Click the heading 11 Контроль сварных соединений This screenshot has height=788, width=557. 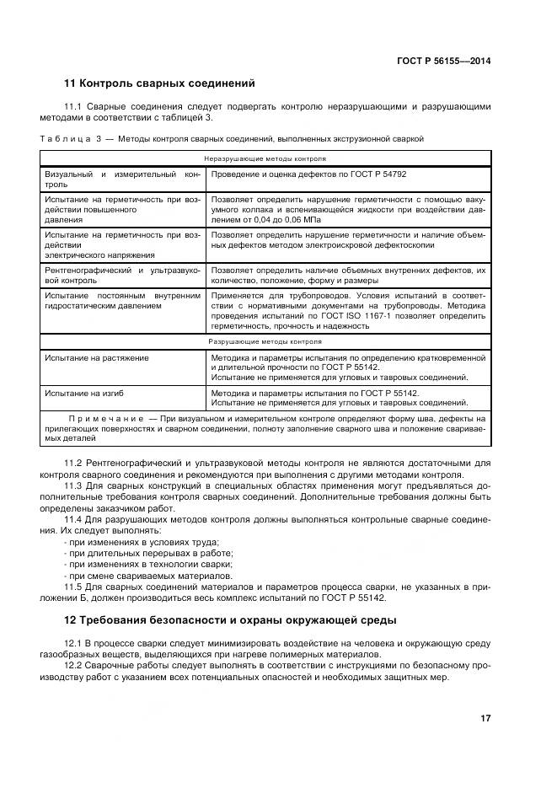click(x=159, y=83)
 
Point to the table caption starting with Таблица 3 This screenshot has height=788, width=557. click(x=232, y=138)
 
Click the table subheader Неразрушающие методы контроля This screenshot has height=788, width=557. click(x=265, y=158)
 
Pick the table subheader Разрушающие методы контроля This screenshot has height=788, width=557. click(x=265, y=342)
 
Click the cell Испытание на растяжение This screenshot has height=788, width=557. click(x=97, y=357)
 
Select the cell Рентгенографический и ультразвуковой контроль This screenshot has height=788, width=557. click(x=123, y=275)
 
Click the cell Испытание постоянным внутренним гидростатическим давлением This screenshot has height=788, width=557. click(x=123, y=301)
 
